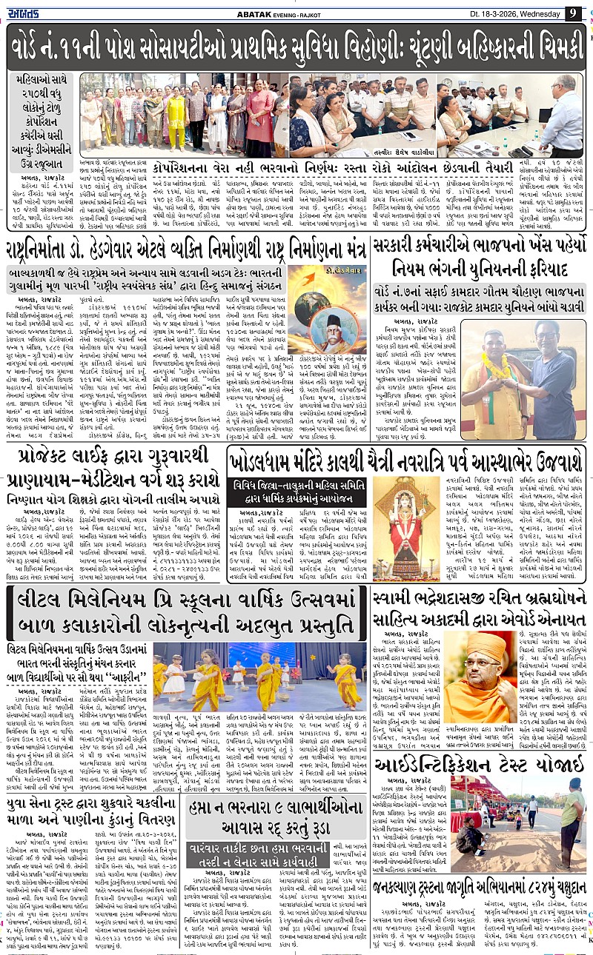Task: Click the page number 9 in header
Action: click(572, 13)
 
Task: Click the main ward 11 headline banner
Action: click(296, 47)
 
